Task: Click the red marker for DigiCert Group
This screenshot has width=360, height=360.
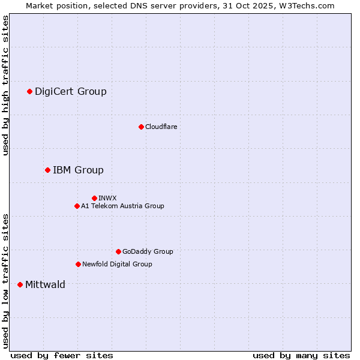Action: (29, 91)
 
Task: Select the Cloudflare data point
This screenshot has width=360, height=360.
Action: (141, 127)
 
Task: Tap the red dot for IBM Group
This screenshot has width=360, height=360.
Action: (47, 170)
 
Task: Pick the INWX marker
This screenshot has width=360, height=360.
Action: (94, 198)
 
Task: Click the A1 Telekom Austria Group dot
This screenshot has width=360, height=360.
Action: (77, 206)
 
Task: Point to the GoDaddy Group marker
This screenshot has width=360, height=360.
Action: (118, 251)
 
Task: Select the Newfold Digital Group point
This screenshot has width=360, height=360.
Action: (78, 264)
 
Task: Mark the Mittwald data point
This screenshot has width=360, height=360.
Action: (20, 284)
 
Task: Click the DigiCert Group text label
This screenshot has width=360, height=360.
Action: (70, 91)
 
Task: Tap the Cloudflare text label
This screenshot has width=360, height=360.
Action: (161, 127)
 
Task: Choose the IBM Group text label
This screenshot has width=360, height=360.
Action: (78, 170)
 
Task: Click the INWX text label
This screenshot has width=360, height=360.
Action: (107, 198)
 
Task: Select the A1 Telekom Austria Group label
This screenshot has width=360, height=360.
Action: (122, 206)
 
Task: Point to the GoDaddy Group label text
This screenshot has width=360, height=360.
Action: (148, 251)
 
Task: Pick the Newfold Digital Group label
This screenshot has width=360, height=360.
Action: (117, 264)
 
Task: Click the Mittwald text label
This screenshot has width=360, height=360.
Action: (45, 284)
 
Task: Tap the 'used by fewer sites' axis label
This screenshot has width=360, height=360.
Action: (62, 355)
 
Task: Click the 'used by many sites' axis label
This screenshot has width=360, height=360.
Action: (301, 355)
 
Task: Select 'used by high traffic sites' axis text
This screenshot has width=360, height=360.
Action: (5, 85)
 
